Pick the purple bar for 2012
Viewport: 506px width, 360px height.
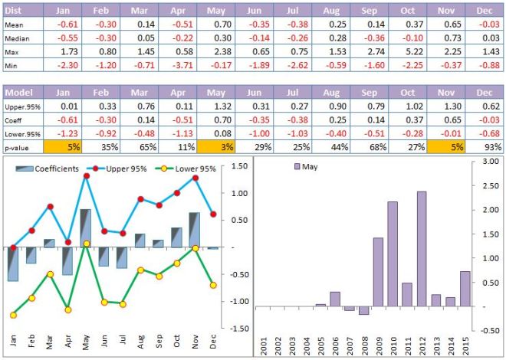(422, 248)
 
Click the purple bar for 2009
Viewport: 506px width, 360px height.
(378, 271)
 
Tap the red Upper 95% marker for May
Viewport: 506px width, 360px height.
(87, 176)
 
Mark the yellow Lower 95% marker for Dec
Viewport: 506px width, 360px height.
(212, 285)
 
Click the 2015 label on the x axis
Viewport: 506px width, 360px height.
(465, 342)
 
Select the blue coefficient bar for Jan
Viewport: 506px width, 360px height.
(13, 264)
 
